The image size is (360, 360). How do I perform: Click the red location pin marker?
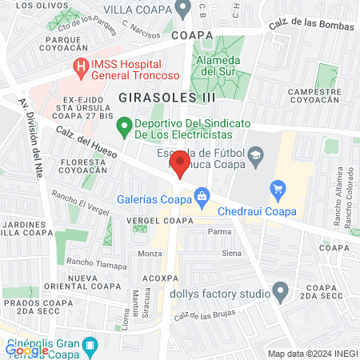point(180,166)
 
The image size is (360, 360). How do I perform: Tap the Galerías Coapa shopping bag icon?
point(202,195)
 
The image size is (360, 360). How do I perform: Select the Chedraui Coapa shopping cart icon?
point(278,190)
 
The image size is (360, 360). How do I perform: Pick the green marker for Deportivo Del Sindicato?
point(123,125)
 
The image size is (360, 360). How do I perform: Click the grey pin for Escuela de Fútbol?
point(257,155)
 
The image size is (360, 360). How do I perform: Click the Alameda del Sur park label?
point(219,66)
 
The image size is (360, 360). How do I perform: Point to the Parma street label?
point(219,231)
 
